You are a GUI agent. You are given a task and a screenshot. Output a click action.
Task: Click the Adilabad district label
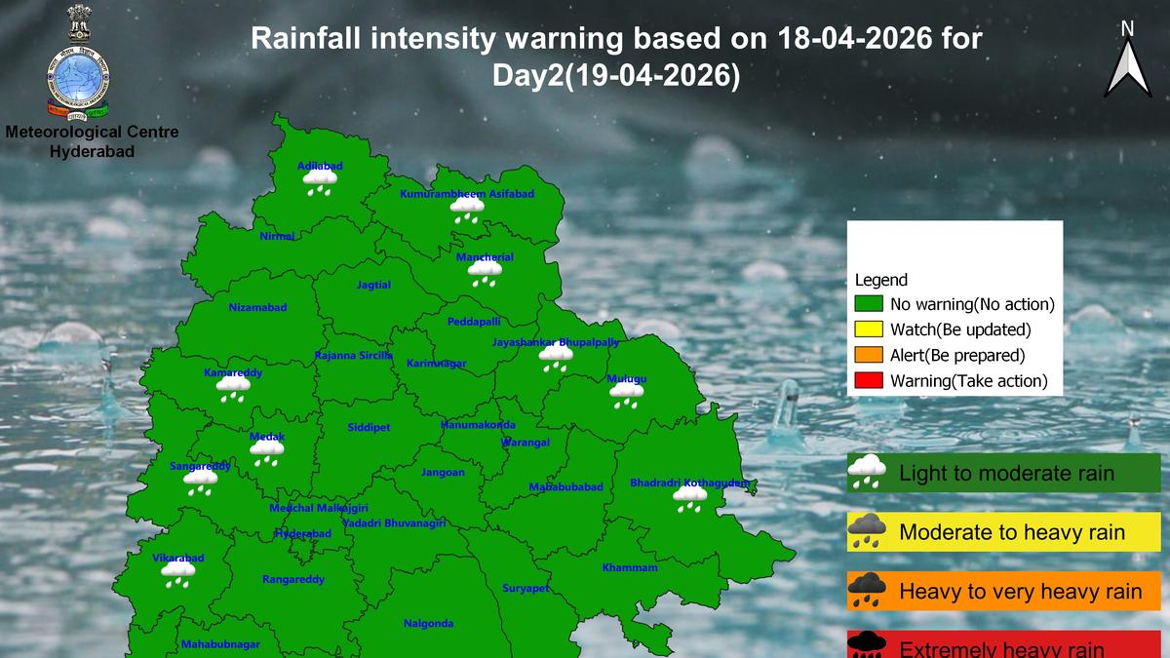click(320, 166)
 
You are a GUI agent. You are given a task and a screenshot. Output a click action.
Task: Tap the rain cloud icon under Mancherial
click(485, 273)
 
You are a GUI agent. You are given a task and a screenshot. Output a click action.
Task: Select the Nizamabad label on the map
click(257, 307)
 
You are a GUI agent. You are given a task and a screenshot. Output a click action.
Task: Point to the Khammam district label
click(630, 567)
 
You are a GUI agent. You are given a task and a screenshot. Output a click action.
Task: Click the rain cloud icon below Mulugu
click(626, 395)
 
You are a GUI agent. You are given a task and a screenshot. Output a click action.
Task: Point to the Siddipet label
click(369, 428)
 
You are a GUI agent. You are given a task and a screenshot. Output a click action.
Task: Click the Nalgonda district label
click(428, 624)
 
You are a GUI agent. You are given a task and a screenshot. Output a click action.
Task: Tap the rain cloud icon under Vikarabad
click(178, 574)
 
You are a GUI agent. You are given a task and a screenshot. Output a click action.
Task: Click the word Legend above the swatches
click(880, 280)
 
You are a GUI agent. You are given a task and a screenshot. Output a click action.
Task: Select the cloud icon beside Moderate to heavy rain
click(867, 532)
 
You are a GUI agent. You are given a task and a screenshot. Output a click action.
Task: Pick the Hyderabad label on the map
click(302, 534)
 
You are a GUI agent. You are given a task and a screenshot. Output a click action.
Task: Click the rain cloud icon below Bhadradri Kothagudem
click(690, 499)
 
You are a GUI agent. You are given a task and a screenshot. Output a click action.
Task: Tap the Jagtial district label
click(373, 285)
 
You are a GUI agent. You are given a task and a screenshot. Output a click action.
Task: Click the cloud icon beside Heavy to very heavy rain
click(867, 590)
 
